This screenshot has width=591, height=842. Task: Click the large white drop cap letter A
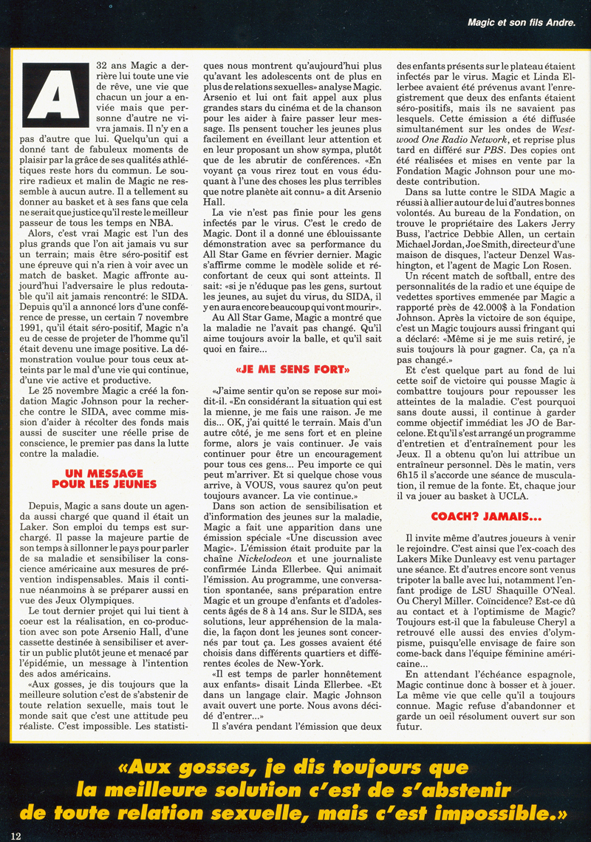[53, 92]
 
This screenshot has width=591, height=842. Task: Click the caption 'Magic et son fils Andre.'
[521, 23]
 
